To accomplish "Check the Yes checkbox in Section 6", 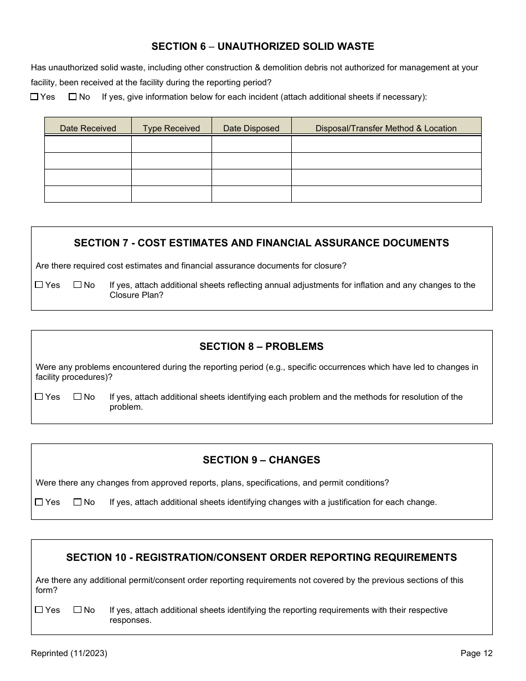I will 34,97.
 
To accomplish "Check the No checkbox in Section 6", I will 73,97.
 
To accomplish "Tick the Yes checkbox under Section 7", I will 39,285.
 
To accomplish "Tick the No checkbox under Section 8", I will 78,397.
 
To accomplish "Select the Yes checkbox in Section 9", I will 39,502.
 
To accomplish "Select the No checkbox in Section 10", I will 78,610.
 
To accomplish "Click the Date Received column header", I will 88,128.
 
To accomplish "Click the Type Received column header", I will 171,128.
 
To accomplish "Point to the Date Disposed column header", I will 251,128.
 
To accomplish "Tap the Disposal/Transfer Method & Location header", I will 386,128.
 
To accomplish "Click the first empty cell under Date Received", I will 88,144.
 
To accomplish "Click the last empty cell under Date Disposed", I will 251,194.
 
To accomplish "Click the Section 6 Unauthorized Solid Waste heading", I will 262,47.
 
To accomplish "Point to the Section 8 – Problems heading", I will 261,347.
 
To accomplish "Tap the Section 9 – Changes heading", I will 261,460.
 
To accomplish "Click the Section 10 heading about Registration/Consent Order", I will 261,558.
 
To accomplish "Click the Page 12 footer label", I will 476,653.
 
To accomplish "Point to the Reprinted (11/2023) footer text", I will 69,653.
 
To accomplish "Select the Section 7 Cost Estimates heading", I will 261,243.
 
